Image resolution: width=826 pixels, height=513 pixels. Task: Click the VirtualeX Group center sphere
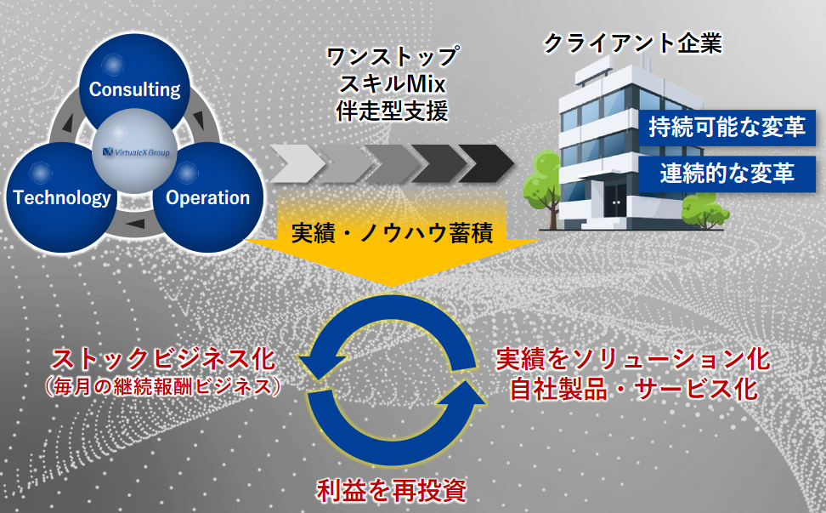click(x=135, y=151)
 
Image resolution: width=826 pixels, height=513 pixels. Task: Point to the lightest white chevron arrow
click(x=297, y=163)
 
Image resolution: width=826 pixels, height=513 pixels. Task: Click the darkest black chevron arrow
click(x=486, y=163)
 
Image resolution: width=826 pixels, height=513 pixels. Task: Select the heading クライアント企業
click(x=632, y=43)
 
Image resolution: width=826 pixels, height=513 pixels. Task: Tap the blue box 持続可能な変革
click(x=727, y=128)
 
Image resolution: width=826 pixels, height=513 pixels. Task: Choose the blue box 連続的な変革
click(x=727, y=174)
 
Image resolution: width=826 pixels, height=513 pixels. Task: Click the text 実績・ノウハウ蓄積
click(x=393, y=232)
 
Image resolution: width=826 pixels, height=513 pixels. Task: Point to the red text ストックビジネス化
click(x=163, y=359)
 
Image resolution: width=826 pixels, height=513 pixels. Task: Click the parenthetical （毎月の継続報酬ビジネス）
click(x=162, y=386)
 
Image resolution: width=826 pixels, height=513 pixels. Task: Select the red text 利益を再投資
click(x=392, y=490)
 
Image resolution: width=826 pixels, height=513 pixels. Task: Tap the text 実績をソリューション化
click(x=633, y=359)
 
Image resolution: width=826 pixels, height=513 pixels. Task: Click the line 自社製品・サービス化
click(x=634, y=389)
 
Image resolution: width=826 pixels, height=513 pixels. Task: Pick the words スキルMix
click(x=393, y=84)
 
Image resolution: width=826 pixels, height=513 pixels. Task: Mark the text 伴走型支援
click(x=393, y=111)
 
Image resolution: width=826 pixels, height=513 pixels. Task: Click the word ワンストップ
click(x=393, y=56)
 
